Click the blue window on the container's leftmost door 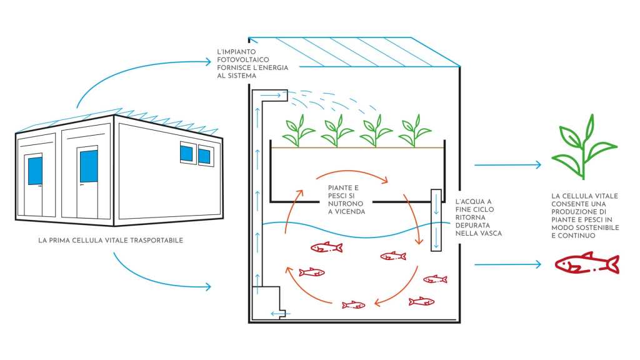click(35, 171)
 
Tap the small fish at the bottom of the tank click(353, 305)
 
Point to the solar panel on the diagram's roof click(362, 51)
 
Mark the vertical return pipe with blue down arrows click(436, 219)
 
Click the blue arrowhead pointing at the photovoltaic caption click(209, 61)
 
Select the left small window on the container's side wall click(186, 152)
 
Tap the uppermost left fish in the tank click(327, 247)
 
